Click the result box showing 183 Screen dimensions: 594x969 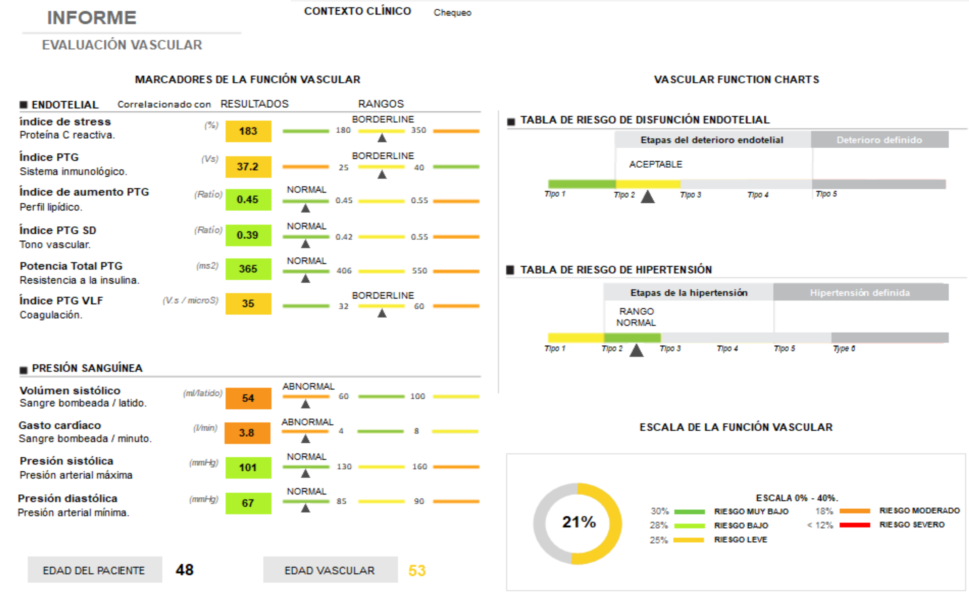248,131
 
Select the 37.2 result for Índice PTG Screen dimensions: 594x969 248,167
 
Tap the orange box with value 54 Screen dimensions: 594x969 248,398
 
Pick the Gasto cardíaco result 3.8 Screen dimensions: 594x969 247,433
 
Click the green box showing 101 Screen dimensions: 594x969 248,467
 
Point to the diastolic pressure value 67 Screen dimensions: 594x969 248,503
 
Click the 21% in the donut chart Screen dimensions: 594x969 579,522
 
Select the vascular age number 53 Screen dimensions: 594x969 417,571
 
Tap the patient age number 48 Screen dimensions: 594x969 185,570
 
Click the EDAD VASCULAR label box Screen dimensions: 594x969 330,570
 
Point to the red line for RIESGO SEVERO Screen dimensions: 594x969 854,525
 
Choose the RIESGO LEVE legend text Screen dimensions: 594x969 740,540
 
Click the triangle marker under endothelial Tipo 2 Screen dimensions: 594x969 648,197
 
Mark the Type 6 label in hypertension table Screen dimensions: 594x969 844,348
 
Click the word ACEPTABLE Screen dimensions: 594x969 655,164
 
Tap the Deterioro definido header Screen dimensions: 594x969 879,140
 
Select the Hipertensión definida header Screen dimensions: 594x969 860,293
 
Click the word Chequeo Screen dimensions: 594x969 452,13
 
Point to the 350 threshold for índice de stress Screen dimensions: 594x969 418,130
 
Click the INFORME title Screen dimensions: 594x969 92,18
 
